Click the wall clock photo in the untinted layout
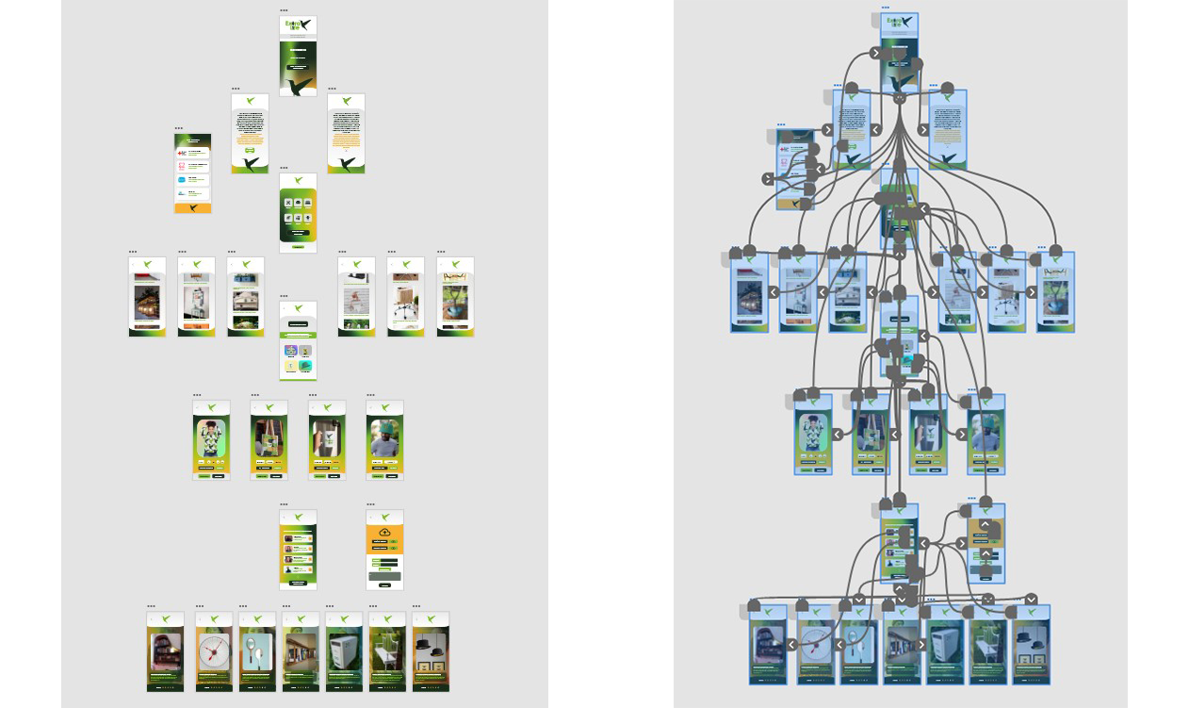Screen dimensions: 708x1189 coord(214,650)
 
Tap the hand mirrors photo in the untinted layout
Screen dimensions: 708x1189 coord(256,650)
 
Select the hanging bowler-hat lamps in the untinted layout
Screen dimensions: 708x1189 coord(431,649)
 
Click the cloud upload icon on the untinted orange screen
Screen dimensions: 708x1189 coord(384,533)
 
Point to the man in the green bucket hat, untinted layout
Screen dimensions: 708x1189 coord(384,439)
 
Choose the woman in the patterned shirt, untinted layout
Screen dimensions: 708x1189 coord(211,438)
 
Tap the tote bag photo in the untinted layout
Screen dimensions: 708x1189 coord(269,438)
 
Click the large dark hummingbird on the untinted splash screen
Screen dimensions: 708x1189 coord(301,86)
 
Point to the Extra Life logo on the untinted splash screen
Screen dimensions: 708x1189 coord(298,25)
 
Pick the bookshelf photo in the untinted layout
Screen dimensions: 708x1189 coord(165,649)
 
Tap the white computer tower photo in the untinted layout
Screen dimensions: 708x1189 coord(344,650)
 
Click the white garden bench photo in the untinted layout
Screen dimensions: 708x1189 coord(387,650)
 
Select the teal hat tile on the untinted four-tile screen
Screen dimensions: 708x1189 coord(305,365)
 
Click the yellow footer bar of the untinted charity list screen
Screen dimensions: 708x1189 coord(192,207)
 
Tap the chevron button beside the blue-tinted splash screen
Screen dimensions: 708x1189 coord(876,54)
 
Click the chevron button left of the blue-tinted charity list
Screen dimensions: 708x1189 coord(768,179)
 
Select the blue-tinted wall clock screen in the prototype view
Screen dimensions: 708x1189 coord(816,646)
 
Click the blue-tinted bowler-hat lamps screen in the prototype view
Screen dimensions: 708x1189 coord(1032,646)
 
